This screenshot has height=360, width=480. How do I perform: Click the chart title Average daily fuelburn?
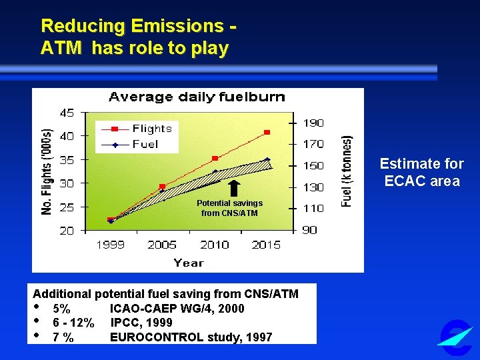(197, 97)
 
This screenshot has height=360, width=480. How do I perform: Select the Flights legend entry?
(143, 129)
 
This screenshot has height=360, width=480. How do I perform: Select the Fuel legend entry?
(137, 144)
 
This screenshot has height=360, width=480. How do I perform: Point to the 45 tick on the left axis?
(67, 112)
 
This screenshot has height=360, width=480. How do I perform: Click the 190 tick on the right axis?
(314, 123)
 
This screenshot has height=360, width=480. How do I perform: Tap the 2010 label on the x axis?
(214, 245)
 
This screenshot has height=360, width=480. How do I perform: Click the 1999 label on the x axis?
(110, 245)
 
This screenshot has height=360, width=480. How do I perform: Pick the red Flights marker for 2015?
(267, 133)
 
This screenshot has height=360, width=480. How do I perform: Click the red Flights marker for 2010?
(215, 158)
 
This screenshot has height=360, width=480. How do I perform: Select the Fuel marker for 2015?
(267, 160)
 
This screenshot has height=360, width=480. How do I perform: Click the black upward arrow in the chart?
(234, 187)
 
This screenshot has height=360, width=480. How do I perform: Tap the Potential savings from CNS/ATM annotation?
(229, 208)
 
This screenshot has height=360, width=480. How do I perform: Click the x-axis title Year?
(189, 263)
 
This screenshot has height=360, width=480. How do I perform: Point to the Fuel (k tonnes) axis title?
(347, 171)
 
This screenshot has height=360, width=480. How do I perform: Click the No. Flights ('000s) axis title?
(47, 171)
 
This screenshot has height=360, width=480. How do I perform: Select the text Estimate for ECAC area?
(421, 173)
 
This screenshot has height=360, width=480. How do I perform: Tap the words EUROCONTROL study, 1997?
(191, 337)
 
